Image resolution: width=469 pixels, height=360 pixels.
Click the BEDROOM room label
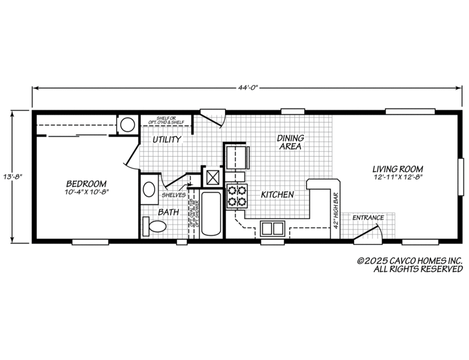click(87, 184)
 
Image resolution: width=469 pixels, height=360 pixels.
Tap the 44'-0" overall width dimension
click(247, 88)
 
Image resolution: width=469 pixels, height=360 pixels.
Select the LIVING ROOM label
click(398, 169)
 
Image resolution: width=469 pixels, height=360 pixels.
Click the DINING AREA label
click(290, 142)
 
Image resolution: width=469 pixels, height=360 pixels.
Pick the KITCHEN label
click(277, 195)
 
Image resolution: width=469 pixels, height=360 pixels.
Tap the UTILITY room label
click(166, 140)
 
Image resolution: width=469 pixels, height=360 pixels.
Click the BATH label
click(168, 212)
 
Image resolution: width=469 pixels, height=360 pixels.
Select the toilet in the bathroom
click(156, 226)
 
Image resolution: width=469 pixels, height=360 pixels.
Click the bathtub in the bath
click(211, 214)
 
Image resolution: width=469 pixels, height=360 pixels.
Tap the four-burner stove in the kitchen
click(236, 195)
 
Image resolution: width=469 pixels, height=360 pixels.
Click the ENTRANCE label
click(367, 218)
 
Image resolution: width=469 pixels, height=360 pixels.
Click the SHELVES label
click(173, 195)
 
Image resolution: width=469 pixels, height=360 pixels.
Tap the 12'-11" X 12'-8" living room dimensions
click(398, 177)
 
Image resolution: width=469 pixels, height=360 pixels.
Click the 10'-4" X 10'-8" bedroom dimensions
click(87, 192)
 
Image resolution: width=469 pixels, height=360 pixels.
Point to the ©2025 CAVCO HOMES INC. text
click(410, 261)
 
